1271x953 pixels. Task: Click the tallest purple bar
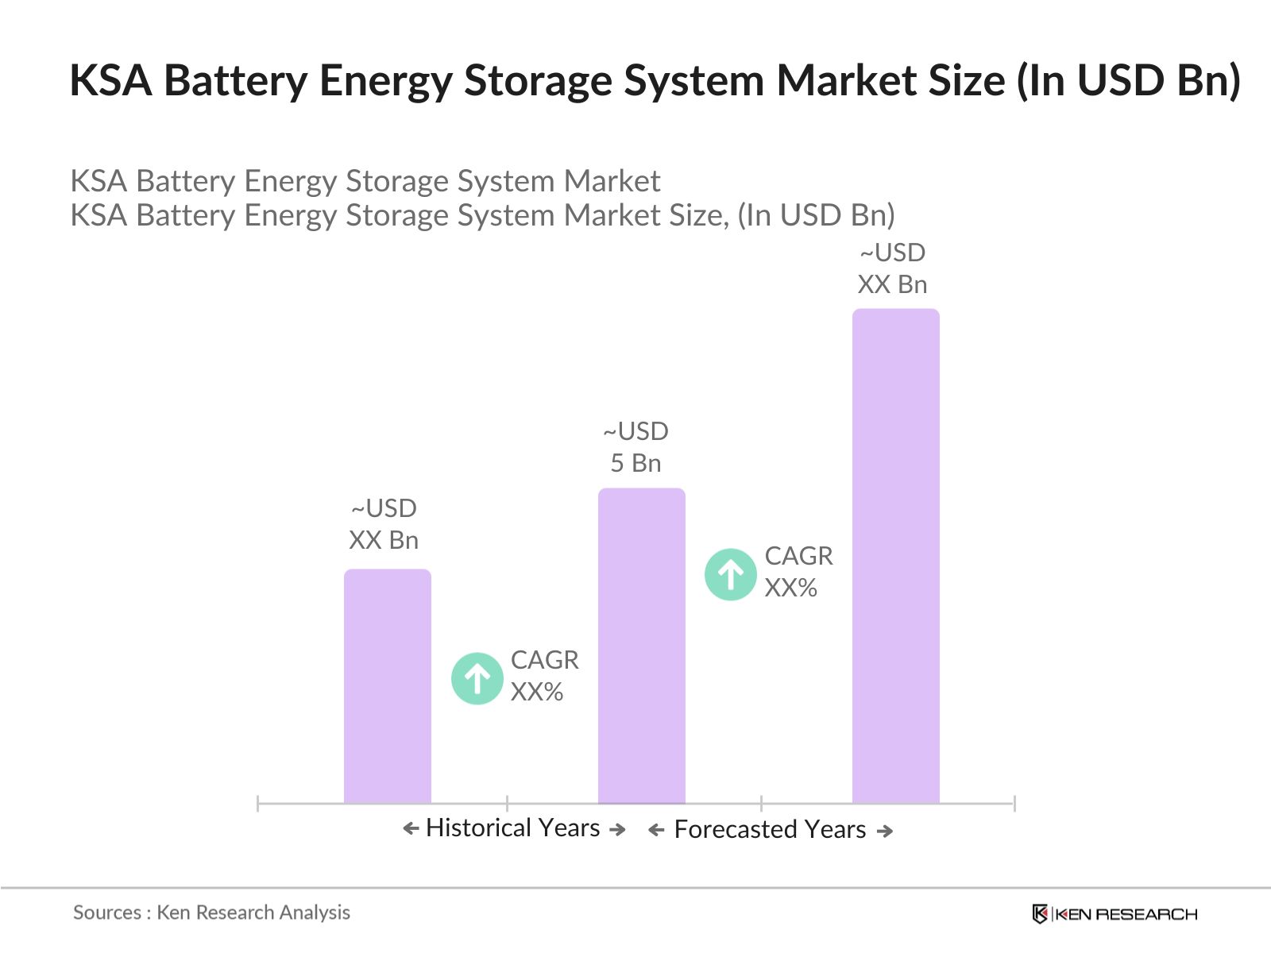pyautogui.click(x=895, y=556)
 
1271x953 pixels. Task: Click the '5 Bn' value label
pyautogui.click(x=635, y=463)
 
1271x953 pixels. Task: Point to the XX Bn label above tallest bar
pyautogui.click(x=892, y=284)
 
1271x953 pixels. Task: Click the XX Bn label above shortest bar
pyautogui.click(x=384, y=540)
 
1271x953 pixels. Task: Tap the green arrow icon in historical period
pyautogui.click(x=477, y=678)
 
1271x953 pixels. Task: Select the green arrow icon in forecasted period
pyautogui.click(x=730, y=574)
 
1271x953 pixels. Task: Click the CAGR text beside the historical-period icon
pyautogui.click(x=544, y=661)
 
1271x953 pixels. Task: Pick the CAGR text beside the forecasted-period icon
pyautogui.click(x=798, y=556)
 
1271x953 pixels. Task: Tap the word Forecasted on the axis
pyautogui.click(x=736, y=829)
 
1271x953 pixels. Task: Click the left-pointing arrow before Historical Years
pyautogui.click(x=411, y=829)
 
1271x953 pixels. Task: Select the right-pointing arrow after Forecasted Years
pyautogui.click(x=884, y=831)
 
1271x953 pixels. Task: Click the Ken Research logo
pyautogui.click(x=1115, y=914)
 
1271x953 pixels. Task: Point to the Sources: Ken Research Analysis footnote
pyautogui.click(x=211, y=912)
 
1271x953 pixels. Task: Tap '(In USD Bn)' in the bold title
pyautogui.click(x=1129, y=81)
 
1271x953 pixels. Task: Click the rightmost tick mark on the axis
pyautogui.click(x=1014, y=804)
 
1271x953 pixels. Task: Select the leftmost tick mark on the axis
pyautogui.click(x=258, y=804)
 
